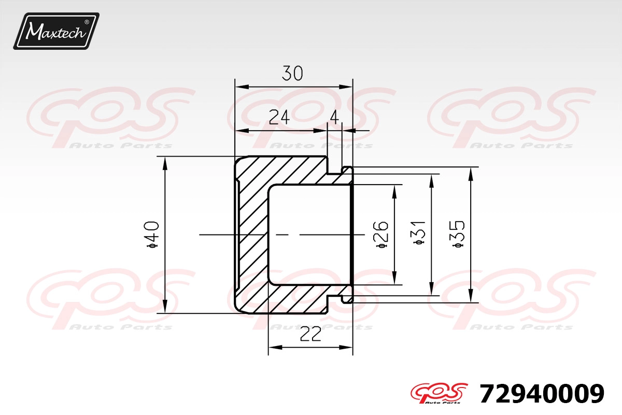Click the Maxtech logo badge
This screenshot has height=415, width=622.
tap(56, 31)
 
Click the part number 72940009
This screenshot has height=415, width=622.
tap(542, 394)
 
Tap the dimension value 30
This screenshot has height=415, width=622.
tap(292, 73)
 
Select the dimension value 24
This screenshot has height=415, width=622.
tap(279, 117)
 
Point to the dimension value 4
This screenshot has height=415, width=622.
tap(334, 117)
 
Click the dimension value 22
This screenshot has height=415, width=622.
tap(310, 334)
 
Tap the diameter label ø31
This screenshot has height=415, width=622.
tap(418, 232)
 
